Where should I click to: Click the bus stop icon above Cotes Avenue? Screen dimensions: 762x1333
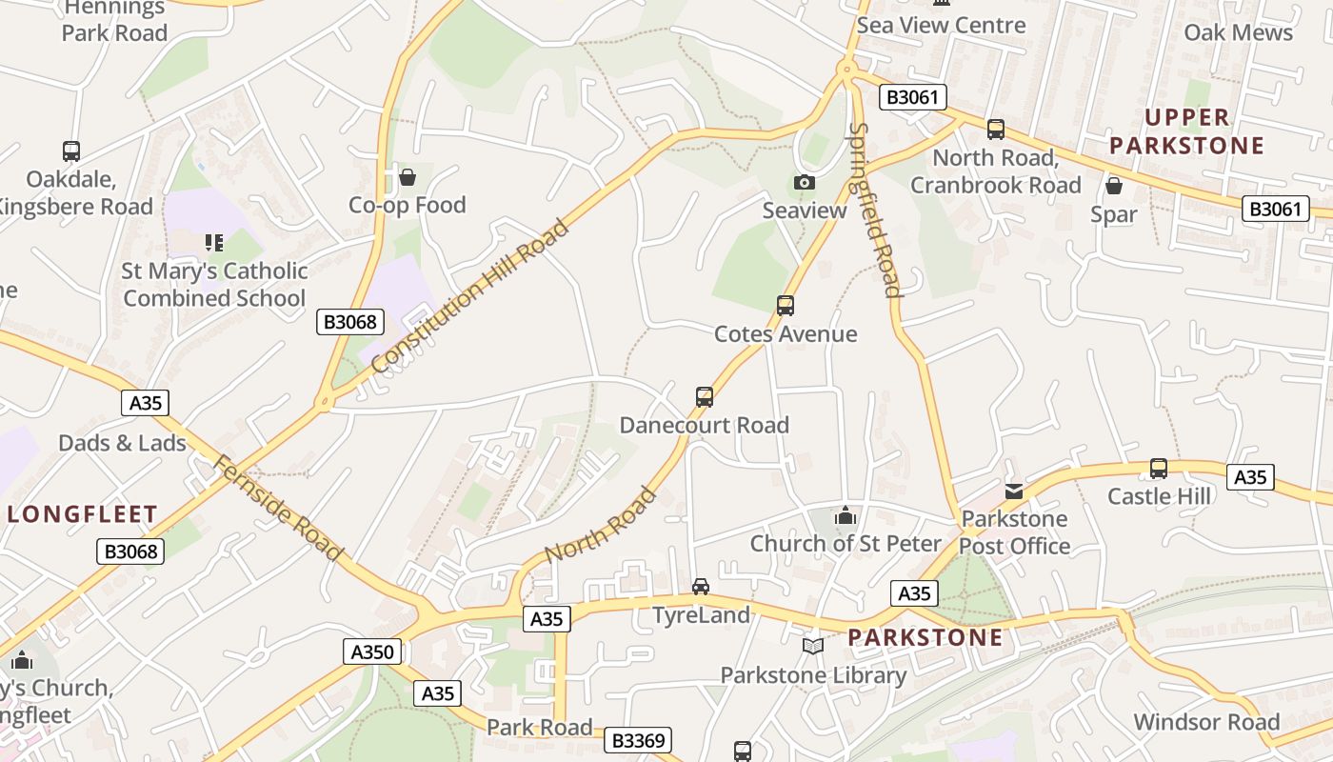coord(786,306)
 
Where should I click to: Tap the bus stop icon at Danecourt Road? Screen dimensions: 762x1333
coord(705,397)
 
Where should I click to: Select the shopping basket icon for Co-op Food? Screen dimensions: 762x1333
coord(408,177)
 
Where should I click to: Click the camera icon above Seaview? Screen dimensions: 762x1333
coord(805,182)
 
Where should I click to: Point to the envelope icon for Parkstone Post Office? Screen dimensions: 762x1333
coord(1014,491)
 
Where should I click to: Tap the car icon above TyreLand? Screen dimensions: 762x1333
coord(701,587)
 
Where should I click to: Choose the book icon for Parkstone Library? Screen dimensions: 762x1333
coord(813,647)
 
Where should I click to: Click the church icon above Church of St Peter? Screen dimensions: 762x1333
coord(845,516)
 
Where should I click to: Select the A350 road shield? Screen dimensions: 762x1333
coord(372,652)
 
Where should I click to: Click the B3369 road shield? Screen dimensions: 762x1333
coord(639,740)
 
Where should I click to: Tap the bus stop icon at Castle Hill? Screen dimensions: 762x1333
coord(1159,469)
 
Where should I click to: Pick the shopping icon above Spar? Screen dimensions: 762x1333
coord(1114,186)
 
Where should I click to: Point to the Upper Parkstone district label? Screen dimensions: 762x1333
coord(1186,131)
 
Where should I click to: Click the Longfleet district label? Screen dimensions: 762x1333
coord(83,514)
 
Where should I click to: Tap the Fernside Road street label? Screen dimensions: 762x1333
coord(277,509)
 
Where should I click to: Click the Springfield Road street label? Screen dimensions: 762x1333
coord(874,210)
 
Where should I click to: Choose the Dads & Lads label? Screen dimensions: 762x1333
coord(123,443)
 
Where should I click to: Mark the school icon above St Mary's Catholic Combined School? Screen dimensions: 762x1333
coord(214,243)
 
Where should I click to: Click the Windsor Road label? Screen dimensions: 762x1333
coord(1206,722)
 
